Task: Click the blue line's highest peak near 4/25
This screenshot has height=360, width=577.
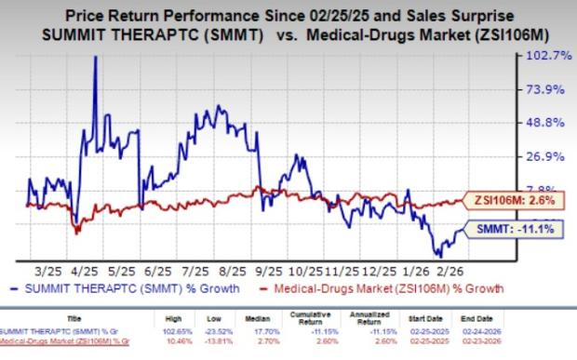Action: coord(95,57)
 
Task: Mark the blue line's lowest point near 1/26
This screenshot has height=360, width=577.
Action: coord(436,254)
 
